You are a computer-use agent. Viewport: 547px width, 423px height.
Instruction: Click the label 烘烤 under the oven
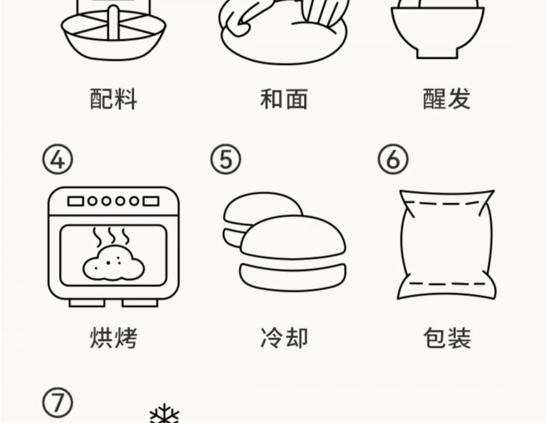pos(113,337)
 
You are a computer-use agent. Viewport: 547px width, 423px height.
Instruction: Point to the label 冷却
pos(283,337)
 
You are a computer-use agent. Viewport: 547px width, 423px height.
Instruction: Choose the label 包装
pos(446,337)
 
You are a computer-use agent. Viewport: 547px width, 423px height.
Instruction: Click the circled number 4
pos(58,160)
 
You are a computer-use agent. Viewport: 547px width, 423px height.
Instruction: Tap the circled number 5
pos(225,160)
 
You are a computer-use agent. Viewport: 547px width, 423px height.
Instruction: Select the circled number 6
pos(393,160)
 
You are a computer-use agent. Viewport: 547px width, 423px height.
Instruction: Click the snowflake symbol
pos(165,415)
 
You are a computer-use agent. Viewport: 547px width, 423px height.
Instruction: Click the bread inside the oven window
pos(113,264)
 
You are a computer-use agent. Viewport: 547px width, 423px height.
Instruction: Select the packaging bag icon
pos(446,244)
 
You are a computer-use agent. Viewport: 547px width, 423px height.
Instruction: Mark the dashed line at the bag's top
pos(446,203)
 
